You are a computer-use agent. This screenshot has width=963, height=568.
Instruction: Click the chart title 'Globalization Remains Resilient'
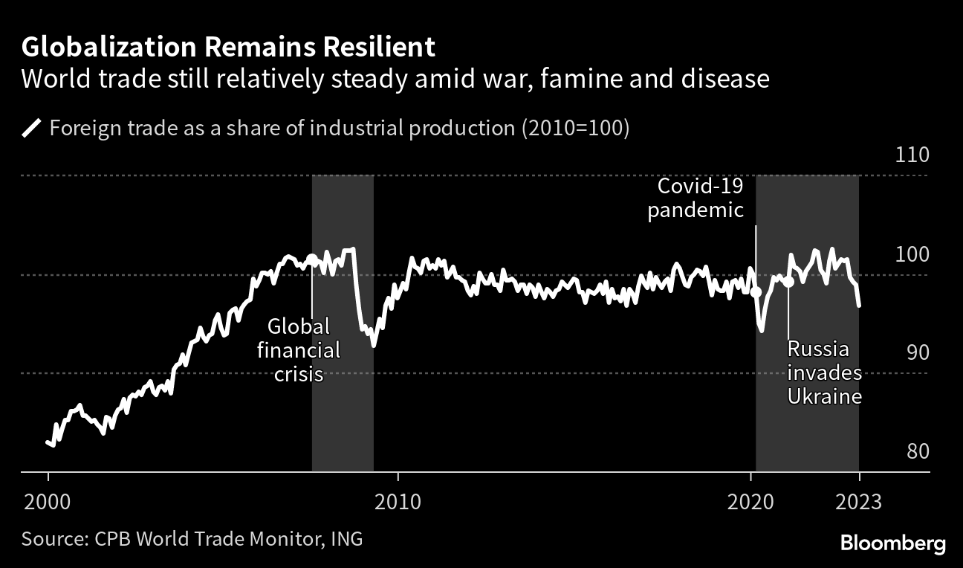228,47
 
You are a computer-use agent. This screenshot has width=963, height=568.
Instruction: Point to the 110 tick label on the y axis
912,156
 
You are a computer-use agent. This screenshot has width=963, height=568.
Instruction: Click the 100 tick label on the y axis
912,255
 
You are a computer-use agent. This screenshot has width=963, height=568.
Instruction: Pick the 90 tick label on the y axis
912,352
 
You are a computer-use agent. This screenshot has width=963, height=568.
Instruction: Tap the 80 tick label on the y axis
912,451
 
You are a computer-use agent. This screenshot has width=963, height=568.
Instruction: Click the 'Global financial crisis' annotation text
299,349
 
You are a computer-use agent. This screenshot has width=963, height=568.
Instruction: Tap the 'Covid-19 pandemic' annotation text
695,198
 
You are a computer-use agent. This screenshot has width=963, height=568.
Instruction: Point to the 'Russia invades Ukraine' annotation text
825,372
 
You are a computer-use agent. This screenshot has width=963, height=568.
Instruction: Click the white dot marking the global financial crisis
312,259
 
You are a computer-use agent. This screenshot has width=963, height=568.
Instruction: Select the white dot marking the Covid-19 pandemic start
756,292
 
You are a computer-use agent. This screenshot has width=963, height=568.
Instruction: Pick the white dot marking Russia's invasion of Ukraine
788,282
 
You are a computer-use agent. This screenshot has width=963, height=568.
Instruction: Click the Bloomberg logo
893,543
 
